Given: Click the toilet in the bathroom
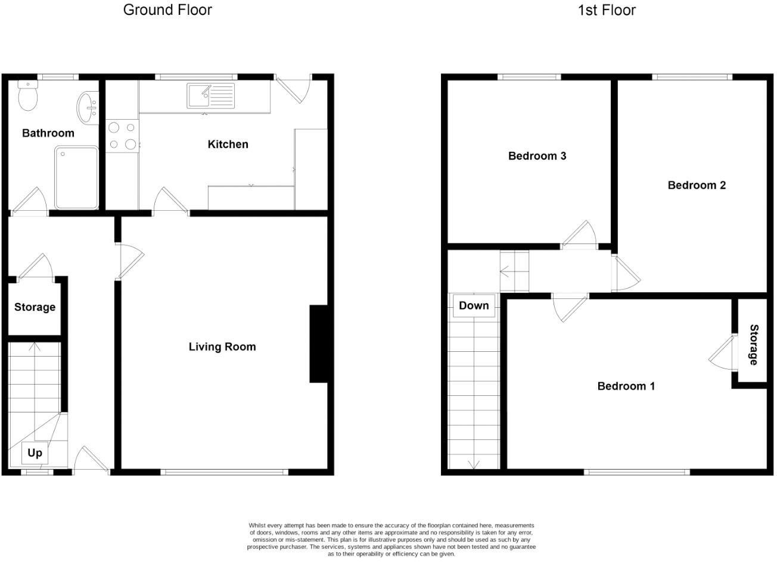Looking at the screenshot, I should tap(27, 96).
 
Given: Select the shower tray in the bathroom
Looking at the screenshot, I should tap(76, 177).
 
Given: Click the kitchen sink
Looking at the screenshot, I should tap(211, 96).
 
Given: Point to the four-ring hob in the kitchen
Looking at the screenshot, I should tap(122, 135).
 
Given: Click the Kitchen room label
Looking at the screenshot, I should tap(228, 144).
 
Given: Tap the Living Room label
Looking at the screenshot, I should tap(222, 346).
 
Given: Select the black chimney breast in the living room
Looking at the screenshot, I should tap(318, 344).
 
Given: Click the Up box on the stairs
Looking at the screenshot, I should tap(35, 453).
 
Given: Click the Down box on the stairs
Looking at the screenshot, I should tap(474, 305).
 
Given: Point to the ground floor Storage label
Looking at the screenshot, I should tap(35, 307).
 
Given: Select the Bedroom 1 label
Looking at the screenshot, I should tap(626, 386).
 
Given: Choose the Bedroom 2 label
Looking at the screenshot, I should tap(696, 185).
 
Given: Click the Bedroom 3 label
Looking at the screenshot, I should tap(537, 156).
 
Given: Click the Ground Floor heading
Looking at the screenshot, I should tap(167, 10).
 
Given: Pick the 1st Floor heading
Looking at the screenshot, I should tap(607, 10).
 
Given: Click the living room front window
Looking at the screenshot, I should tap(224, 472).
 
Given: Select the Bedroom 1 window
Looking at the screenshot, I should tap(636, 472).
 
